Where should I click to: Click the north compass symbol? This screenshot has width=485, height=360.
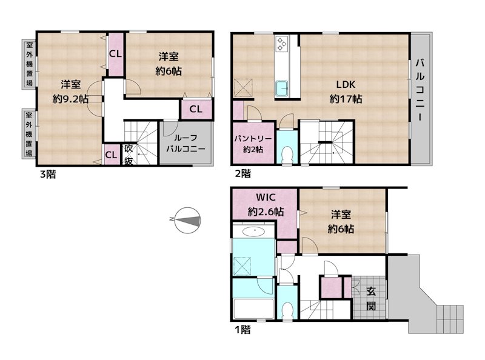187,220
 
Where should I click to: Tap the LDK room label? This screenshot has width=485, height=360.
346,84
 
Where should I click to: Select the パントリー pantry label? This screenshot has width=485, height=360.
253,139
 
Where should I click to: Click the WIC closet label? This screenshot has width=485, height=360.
266,198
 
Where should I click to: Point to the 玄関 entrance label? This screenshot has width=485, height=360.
371,298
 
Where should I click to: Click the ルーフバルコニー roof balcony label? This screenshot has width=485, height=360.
186,143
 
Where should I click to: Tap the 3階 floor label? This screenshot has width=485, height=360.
48,175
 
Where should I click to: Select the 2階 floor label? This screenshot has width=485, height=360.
243,173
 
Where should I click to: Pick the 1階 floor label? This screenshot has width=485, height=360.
243,330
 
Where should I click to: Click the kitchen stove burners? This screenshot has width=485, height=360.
282,43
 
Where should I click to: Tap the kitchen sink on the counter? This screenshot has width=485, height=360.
282,88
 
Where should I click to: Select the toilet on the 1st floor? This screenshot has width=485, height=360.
287,310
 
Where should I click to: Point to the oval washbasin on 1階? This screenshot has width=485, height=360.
254,231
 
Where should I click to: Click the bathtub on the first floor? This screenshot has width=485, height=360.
253,308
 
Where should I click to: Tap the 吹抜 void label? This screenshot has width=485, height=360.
129,155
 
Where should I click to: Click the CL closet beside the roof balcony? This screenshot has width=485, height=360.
196,109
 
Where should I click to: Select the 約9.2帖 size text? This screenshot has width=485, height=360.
70,99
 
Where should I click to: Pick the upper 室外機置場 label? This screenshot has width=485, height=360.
29,64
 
